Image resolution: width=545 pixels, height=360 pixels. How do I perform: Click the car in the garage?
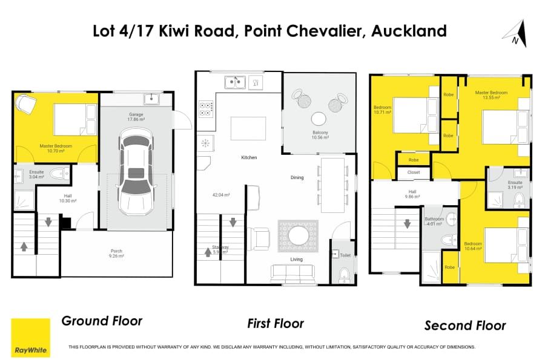(136, 171)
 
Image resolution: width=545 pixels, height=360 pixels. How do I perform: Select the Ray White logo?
(31, 338)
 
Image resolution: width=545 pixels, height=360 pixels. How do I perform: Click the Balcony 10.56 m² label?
(320, 135)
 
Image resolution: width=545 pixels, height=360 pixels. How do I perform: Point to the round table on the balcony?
(319, 119)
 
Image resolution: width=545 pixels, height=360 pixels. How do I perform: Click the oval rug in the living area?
(298, 236)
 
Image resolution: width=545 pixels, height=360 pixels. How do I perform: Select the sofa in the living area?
(292, 272)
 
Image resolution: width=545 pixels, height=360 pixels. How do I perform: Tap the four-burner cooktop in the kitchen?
(205, 109)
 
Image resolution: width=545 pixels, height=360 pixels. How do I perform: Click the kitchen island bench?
(248, 128)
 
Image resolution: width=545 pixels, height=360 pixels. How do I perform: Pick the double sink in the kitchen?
(235, 82)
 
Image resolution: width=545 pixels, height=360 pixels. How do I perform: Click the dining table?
(332, 185)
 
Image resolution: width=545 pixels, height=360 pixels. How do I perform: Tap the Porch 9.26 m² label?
(116, 254)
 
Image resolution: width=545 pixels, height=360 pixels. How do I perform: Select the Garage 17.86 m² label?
(136, 117)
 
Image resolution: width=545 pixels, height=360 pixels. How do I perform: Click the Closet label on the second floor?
(414, 172)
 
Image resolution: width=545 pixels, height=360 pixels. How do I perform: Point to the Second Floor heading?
(465, 326)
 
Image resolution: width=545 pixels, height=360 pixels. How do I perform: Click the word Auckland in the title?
(409, 31)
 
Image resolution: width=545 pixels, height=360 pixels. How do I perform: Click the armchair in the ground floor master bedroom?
(26, 103)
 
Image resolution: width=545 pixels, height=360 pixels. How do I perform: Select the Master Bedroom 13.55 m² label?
(491, 95)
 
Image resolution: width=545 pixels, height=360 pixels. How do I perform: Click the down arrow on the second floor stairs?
(407, 223)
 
